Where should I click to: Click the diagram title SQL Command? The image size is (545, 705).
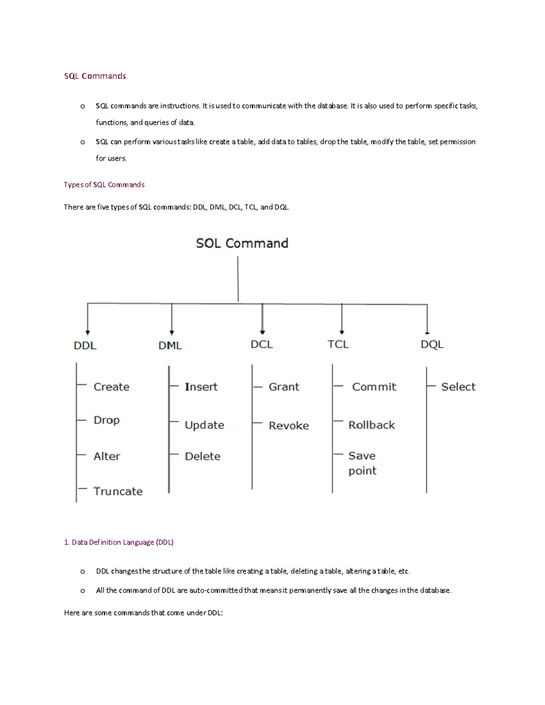tap(242, 243)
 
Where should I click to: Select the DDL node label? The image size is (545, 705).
tap(85, 345)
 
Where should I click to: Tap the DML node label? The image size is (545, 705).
tap(170, 345)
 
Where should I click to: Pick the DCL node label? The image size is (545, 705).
tap(262, 345)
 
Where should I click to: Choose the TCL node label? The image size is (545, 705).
tap(338, 345)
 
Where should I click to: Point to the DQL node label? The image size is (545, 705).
tap(432, 345)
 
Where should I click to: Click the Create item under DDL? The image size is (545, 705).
tap(111, 387)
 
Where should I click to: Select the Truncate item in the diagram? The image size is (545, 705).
tap(118, 491)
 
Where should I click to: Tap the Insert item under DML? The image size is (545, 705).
tap(201, 387)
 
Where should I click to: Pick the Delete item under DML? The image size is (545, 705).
tap(203, 456)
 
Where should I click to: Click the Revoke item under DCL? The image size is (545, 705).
tap(289, 425)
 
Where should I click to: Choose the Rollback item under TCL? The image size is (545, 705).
tap(372, 425)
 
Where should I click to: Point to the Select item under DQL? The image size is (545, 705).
tap(458, 387)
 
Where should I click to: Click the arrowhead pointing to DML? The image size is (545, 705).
tap(172, 332)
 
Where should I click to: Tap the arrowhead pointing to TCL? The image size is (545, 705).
tap(342, 332)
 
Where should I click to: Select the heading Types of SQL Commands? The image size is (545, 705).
tap(104, 185)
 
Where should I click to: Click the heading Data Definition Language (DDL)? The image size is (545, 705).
tap(119, 542)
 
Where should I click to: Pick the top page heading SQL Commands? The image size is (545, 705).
tap(95, 76)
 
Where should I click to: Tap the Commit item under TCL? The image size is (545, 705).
tap(374, 387)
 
